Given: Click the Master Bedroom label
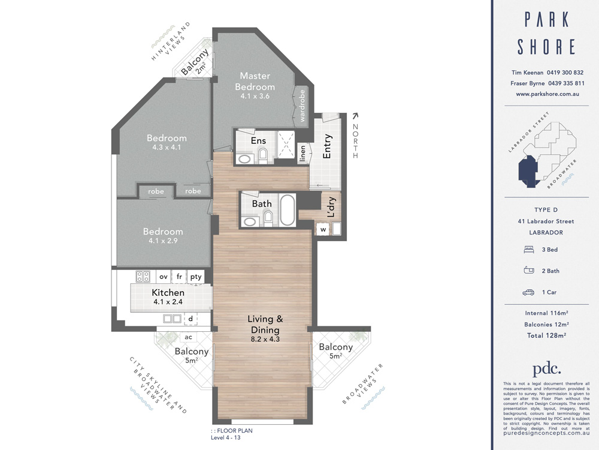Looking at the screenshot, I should point(255,81).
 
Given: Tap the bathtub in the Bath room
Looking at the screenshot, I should point(287,210).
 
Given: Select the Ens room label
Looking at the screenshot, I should point(258,140).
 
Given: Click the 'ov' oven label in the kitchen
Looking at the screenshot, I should point(163,277).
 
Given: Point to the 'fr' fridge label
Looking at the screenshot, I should point(179,277).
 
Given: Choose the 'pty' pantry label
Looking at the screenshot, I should point(196,277).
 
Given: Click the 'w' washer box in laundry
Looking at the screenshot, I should point(323,229).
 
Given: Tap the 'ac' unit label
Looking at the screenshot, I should point(188,337).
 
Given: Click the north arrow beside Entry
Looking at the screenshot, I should point(355,116).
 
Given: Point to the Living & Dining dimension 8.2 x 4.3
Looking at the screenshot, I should point(265,339).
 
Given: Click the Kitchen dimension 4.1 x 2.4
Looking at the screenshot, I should point(168,302).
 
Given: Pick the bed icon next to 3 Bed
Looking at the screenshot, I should point(529,249).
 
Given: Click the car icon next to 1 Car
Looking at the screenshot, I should point(529,292).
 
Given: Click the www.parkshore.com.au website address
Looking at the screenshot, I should point(546,94).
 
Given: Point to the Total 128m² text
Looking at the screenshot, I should point(546,335).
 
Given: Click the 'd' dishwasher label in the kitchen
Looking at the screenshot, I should point(190,319).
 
